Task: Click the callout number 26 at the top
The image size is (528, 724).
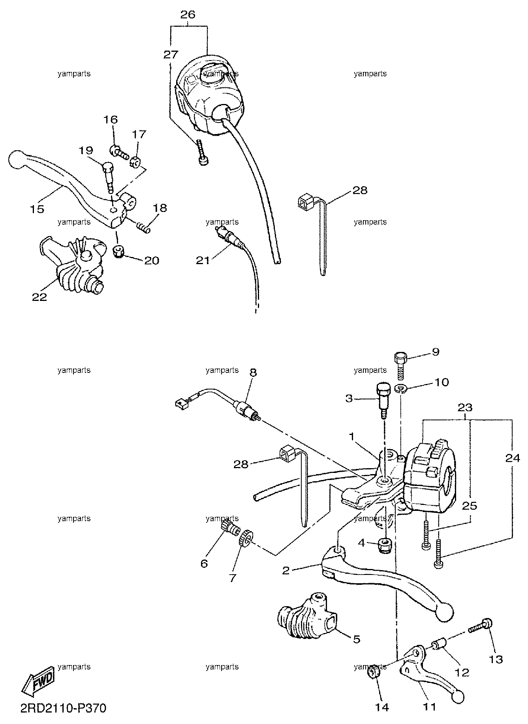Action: click(188, 15)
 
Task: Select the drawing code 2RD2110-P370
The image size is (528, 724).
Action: click(63, 708)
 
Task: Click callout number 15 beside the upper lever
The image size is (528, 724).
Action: click(38, 209)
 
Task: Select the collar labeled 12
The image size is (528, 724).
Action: click(439, 646)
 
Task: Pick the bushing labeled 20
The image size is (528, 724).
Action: click(118, 251)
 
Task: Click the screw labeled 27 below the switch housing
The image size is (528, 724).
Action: click(201, 152)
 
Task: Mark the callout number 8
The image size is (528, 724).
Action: click(253, 372)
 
